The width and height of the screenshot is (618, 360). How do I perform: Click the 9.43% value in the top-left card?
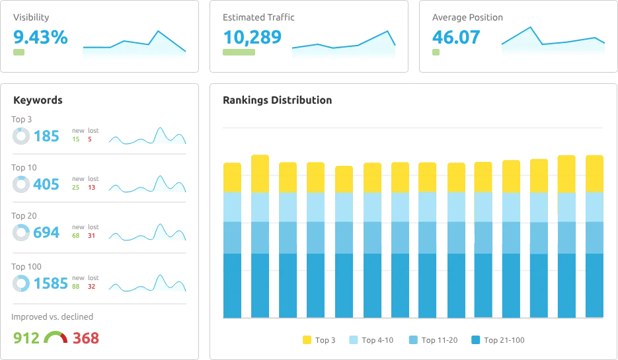click(x=40, y=37)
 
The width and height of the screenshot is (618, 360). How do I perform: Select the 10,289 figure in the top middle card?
click(x=253, y=37)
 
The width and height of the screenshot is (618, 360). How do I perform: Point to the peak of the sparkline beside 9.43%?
click(x=157, y=32)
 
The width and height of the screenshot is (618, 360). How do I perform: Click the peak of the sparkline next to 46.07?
click(x=529, y=28)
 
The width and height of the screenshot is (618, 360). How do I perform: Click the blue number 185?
click(x=47, y=136)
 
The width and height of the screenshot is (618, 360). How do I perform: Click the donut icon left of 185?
click(x=21, y=135)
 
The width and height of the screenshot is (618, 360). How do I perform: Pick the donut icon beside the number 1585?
click(x=21, y=283)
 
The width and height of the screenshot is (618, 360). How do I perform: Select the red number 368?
click(x=85, y=338)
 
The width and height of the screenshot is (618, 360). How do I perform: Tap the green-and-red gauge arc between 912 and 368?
click(x=56, y=336)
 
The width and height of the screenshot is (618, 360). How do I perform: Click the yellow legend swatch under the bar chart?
click(x=307, y=340)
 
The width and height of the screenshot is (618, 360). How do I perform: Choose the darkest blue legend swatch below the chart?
click(x=475, y=340)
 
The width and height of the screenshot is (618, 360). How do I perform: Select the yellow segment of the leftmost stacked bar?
click(x=233, y=176)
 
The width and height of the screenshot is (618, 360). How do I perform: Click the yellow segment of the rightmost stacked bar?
click(x=594, y=173)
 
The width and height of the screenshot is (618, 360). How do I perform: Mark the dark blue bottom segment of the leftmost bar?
click(x=233, y=285)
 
